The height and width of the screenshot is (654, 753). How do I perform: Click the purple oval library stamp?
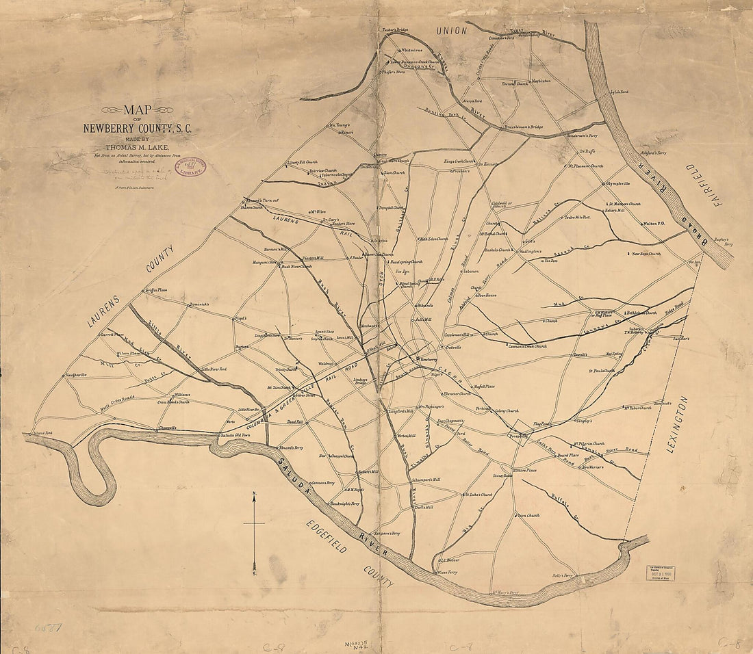point(193,167)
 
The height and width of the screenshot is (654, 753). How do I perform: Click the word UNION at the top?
point(452,31)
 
